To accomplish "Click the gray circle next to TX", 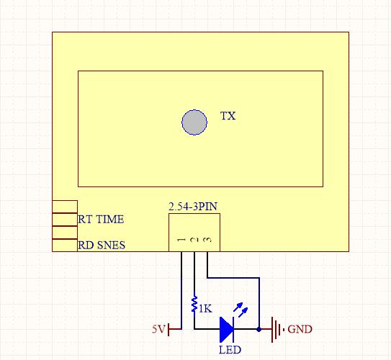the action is pos(194,122).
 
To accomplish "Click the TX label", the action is pos(228,116).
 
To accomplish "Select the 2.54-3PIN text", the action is pos(193,207).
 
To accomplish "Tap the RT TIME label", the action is pos(101,220).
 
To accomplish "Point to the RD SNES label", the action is pos(102,245).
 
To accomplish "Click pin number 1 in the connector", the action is pos(181,240).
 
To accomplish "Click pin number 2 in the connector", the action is pos(194,240).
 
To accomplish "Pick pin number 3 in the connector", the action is pos(207,240).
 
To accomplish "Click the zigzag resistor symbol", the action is pos(194,303).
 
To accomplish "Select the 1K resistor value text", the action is pos(205,309).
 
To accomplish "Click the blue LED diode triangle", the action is pos(226,329).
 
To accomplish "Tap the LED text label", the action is pos(230,349).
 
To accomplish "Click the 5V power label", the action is pos(158,329).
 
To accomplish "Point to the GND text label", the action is pos(300,329).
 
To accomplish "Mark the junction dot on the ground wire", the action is pos(259,329).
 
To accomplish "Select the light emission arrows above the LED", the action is pos(241,310).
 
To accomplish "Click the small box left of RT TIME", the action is pos(65,220).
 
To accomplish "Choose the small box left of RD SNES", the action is pos(65,245).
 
